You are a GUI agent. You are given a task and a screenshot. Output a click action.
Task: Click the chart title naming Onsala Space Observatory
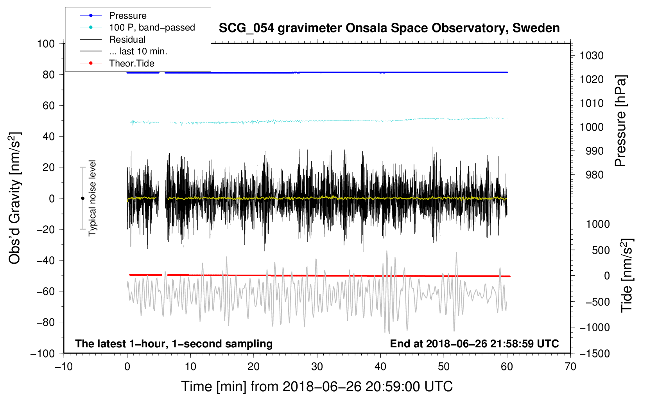[389, 28]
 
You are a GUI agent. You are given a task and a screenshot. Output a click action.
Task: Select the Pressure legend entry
[127, 16]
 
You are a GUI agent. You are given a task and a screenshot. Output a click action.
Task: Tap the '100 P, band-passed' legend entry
[152, 27]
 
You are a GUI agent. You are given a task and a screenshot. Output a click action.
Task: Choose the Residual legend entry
[127, 40]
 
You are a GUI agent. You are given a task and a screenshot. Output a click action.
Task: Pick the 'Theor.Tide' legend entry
[131, 63]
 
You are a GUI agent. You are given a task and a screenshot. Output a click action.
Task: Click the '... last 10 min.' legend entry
[138, 51]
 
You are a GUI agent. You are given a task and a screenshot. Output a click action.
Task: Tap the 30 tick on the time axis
[317, 367]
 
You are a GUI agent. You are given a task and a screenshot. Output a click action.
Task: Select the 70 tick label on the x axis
[570, 367]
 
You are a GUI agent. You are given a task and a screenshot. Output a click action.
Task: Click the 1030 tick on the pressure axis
[592, 56]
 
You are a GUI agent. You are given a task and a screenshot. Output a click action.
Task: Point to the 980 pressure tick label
[594, 175]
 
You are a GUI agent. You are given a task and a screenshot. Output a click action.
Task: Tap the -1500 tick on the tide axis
[595, 353]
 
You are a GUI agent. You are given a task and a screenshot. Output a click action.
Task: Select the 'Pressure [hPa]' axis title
[620, 121]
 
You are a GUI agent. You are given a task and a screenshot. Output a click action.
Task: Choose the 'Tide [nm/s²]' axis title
[627, 276]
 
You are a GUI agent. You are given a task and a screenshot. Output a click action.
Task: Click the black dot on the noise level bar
[82, 198]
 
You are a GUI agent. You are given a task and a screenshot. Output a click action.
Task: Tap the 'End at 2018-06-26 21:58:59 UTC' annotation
[474, 343]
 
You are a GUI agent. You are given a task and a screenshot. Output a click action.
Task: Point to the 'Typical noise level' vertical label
[92, 198]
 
